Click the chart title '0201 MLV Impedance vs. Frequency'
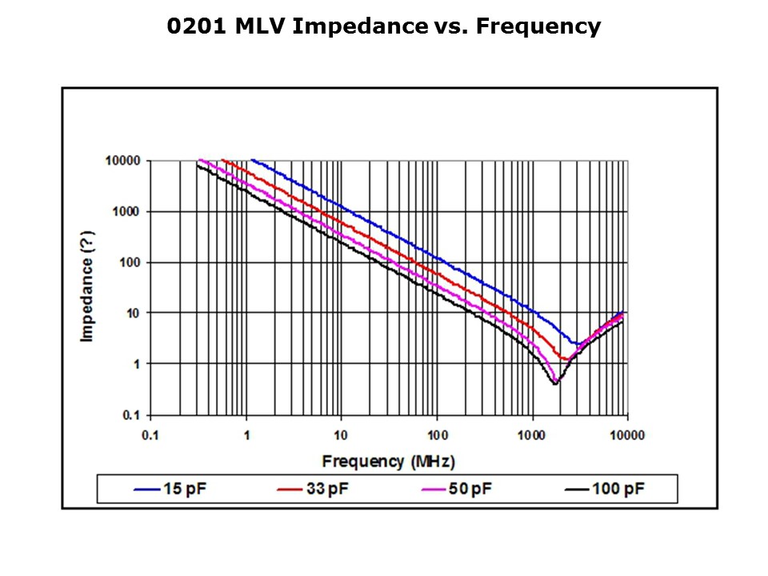(x=383, y=27)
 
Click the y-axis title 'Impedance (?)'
(x=87, y=286)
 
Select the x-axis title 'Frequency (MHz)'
(x=388, y=462)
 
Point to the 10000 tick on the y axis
(x=123, y=161)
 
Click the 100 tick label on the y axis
(x=130, y=262)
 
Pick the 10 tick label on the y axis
(x=134, y=313)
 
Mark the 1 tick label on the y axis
(x=137, y=364)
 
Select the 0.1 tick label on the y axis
(x=132, y=415)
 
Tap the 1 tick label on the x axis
(x=246, y=435)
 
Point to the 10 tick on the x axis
(x=342, y=435)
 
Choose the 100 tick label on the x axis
(x=437, y=435)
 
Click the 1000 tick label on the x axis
(x=532, y=435)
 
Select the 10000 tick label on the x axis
(x=627, y=435)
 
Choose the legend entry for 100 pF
(x=610, y=489)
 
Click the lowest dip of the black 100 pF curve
(x=554, y=384)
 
